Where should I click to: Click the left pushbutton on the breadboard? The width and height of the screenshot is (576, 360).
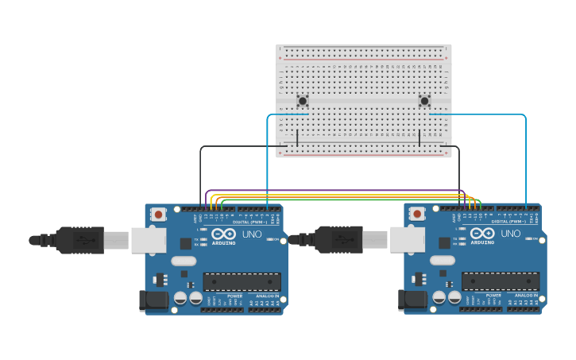click(x=303, y=101)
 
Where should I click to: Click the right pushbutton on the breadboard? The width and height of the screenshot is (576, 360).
click(x=424, y=101)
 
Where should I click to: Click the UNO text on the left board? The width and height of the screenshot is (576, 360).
click(x=252, y=234)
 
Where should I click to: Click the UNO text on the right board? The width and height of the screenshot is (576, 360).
click(x=511, y=234)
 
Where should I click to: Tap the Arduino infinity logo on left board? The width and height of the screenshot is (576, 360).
click(x=223, y=234)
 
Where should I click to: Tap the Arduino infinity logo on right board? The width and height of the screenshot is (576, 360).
click(x=482, y=234)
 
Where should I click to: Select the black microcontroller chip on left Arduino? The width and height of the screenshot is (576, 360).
click(x=242, y=282)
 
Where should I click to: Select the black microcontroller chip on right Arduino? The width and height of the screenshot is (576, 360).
click(x=501, y=281)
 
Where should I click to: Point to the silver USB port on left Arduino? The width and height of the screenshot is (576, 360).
click(x=149, y=240)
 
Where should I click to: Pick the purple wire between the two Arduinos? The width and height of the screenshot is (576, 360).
click(x=334, y=190)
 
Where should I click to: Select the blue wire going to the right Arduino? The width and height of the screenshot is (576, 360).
click(x=526, y=159)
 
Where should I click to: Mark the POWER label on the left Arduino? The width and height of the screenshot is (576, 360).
click(x=235, y=296)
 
